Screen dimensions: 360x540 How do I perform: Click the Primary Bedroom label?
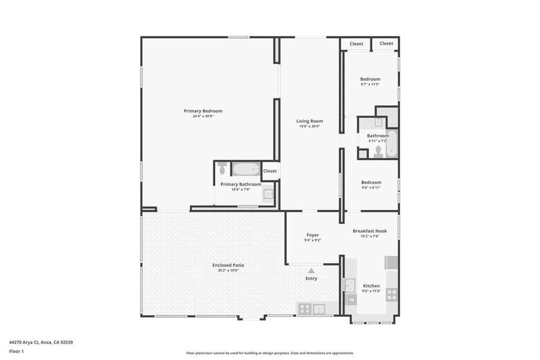point(203,111)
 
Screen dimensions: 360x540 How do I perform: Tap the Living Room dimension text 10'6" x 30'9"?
point(310,127)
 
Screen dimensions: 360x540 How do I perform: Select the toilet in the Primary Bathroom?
point(222,168)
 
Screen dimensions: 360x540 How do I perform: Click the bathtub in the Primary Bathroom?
point(246,169)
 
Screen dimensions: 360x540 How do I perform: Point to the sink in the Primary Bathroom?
point(268,194)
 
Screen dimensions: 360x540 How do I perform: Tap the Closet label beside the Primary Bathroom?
point(270,171)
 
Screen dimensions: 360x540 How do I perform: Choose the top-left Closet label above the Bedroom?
point(356,44)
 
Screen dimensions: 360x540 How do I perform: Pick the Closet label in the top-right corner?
point(387,43)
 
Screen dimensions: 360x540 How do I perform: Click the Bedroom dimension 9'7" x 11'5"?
point(370,84)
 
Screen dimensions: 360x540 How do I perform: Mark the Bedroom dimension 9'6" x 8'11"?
point(371,188)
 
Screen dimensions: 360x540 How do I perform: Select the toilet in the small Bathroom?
point(378,152)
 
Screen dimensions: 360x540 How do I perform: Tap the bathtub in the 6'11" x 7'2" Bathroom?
point(391,144)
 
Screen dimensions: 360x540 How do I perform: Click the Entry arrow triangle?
point(311,270)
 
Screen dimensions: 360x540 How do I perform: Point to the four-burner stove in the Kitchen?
point(391,295)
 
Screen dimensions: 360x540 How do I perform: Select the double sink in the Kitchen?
point(349,285)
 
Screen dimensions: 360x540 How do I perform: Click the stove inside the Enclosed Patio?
point(305,309)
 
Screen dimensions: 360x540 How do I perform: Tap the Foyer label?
point(313,235)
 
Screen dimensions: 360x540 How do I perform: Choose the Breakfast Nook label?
point(370,231)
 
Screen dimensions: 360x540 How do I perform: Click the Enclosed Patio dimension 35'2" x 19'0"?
point(228,270)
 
